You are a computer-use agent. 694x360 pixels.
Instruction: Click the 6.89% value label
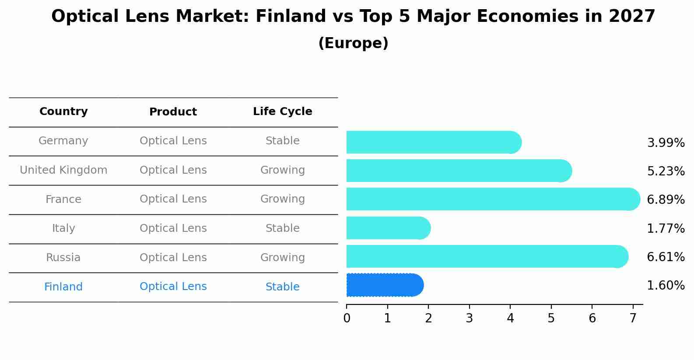665,200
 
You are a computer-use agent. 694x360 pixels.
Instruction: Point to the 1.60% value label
665,286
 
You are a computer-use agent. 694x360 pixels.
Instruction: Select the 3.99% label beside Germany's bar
665,143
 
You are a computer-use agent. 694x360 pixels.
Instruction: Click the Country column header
63,112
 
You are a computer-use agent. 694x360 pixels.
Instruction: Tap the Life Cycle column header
282,112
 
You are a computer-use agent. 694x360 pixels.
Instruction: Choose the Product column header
173,112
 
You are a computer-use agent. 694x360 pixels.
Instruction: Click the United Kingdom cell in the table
63,170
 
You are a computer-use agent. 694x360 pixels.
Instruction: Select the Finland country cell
63,287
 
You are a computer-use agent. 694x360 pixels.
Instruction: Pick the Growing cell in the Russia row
282,258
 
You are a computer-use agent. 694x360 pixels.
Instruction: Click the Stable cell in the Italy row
282,228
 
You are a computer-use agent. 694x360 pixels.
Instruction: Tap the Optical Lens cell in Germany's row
173,141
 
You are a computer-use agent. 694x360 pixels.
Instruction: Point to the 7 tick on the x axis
633,318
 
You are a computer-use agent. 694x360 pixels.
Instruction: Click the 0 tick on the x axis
347,318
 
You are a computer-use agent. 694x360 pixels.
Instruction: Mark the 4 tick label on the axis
510,318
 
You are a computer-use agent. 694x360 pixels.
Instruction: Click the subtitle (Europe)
353,43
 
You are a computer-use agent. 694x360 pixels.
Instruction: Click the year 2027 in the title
631,17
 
